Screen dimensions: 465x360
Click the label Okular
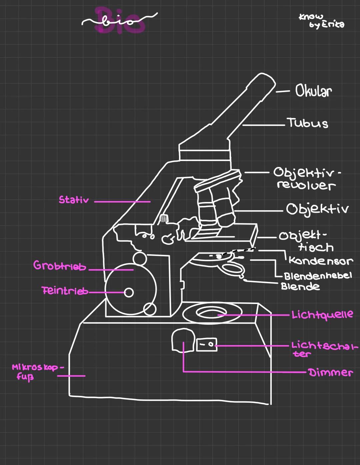pyautogui.click(x=313, y=91)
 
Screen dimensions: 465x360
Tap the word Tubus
pyautogui.click(x=307, y=123)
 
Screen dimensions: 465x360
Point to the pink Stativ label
pyautogui.click(x=74, y=200)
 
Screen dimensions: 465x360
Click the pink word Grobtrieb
pyautogui.click(x=60, y=266)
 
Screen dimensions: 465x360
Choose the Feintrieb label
pyautogui.click(x=65, y=291)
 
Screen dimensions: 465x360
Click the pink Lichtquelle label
pyautogui.click(x=322, y=314)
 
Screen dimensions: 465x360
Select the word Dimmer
pyautogui.click(x=330, y=372)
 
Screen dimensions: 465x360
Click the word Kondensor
pyautogui.click(x=320, y=261)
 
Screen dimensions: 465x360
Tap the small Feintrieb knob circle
pyautogui.click(x=129, y=293)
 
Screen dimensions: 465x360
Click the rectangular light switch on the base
pyautogui.click(x=206, y=344)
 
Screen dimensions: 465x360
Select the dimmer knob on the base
pyautogui.click(x=183, y=340)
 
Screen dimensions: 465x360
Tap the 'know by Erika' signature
pyautogui.click(x=321, y=21)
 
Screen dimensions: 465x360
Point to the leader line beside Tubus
pyautogui.click(x=263, y=125)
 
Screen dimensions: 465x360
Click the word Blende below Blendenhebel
pyautogui.click(x=300, y=286)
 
